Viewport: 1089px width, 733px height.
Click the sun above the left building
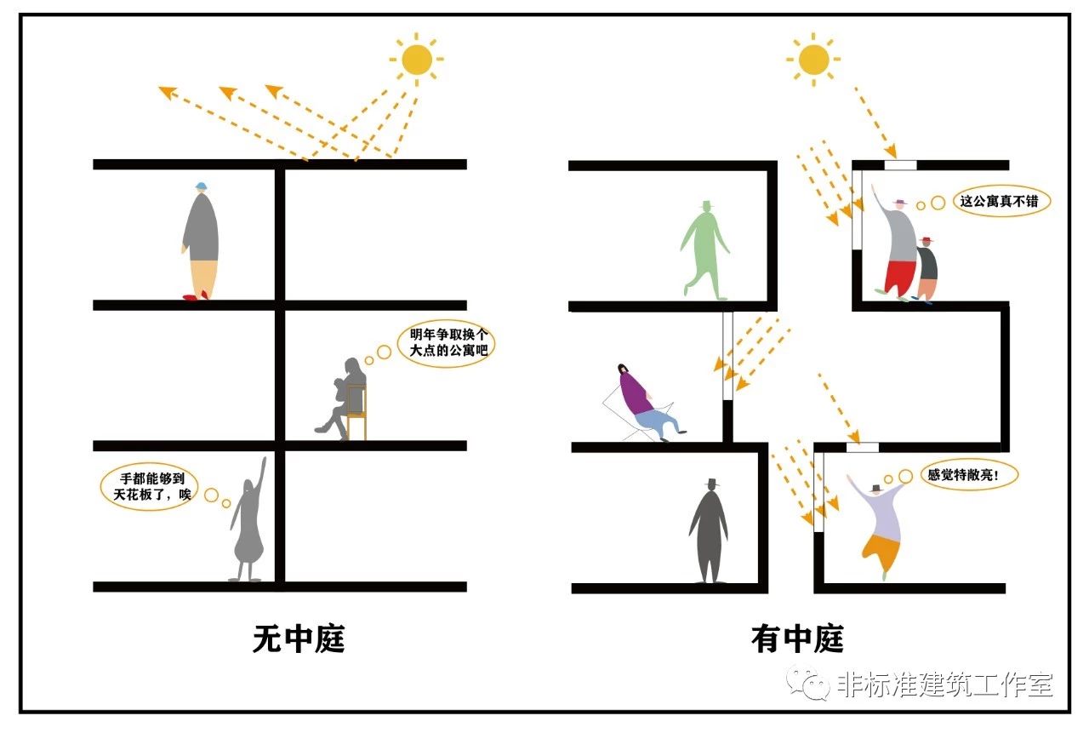[x=417, y=59]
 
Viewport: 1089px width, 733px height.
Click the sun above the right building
[x=813, y=58]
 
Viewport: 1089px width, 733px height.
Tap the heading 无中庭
[x=299, y=639]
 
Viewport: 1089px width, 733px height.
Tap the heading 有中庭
[x=797, y=639]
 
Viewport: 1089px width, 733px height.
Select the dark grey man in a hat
[x=709, y=533]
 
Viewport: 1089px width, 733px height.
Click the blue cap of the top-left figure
[x=201, y=186]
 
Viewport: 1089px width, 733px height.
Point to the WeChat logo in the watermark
[x=807, y=681]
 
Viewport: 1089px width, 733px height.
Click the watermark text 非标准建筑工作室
[x=944, y=684]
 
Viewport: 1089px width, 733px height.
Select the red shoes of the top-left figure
[x=196, y=297]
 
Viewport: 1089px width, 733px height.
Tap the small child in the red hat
[x=927, y=268]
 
